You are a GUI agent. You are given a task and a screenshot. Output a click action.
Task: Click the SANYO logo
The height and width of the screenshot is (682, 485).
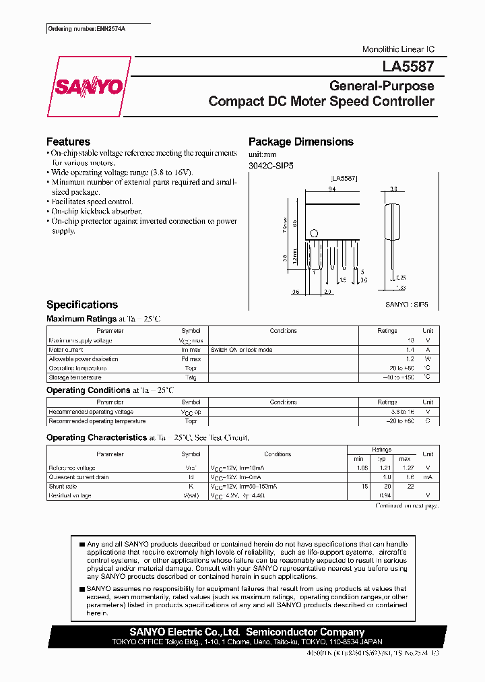coord(88,86)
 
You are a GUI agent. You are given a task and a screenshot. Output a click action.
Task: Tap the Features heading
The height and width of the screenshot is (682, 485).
coord(68,142)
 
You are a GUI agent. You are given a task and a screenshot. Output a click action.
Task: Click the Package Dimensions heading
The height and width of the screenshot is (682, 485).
coord(300,142)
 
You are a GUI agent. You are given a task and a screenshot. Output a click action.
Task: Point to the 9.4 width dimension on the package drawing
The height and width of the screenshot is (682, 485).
coord(332,190)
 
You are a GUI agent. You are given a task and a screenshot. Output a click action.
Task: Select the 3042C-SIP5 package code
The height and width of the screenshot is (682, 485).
coord(271,164)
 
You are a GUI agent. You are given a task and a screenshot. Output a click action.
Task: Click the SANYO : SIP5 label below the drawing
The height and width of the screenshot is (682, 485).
coord(407,305)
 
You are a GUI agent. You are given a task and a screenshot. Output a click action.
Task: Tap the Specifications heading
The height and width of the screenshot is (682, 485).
coord(82,305)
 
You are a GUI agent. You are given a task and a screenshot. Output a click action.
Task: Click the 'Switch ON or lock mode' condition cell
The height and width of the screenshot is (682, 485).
coord(241,350)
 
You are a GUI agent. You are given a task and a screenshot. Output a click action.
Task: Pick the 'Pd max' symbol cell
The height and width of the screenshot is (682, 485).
coord(191,359)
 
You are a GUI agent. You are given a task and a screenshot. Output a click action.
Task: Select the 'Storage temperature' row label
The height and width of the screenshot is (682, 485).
coord(77,377)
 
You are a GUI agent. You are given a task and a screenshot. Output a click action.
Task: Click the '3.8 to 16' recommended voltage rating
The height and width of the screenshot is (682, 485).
coord(402,412)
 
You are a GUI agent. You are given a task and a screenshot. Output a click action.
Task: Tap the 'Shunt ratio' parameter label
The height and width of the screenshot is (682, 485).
coord(63,486)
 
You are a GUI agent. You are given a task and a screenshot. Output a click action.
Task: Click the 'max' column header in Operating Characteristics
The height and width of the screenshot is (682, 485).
coord(404,458)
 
